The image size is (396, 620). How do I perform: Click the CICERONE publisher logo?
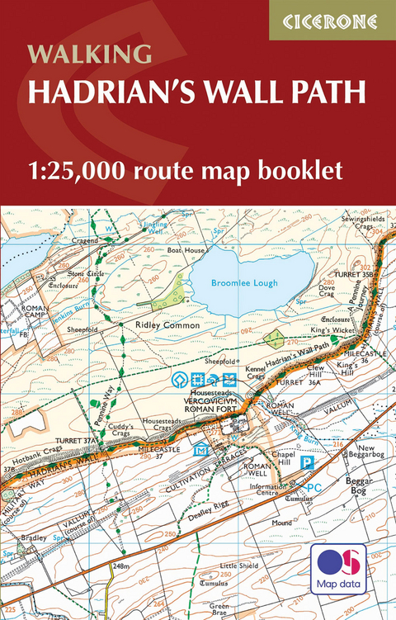point(332,21)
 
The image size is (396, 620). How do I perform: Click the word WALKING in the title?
point(90,54)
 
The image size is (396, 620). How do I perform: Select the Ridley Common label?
point(168,325)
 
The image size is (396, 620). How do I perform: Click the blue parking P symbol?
point(306,465)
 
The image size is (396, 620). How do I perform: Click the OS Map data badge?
point(339,570)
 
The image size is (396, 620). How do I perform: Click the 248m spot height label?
point(122,566)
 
